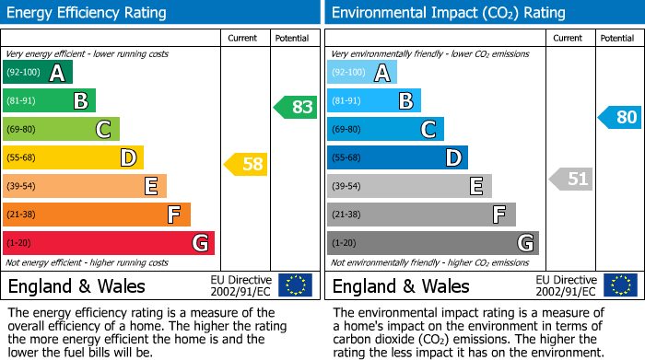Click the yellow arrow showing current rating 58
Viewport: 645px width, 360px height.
click(245, 165)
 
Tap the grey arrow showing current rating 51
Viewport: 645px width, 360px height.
click(569, 179)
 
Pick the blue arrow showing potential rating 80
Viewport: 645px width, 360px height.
click(619, 117)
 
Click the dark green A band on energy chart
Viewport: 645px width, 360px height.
click(38, 73)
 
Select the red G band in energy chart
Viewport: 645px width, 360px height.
click(108, 243)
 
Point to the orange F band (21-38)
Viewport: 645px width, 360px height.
click(96, 215)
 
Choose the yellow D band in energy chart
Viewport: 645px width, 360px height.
click(73, 157)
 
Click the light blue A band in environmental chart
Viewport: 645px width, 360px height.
click(362, 73)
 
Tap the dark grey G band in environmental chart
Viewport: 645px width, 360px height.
click(432, 243)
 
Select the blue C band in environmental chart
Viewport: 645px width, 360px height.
click(385, 129)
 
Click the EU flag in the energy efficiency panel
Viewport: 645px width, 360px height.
click(295, 285)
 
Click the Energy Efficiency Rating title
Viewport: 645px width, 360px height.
click(88, 13)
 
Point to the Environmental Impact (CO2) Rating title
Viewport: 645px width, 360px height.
click(448, 13)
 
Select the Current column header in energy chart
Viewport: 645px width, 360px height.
click(244, 38)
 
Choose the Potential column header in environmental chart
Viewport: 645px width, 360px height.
click(616, 38)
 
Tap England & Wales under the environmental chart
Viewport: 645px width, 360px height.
click(401, 285)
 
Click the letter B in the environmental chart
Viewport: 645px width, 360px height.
click(405, 101)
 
